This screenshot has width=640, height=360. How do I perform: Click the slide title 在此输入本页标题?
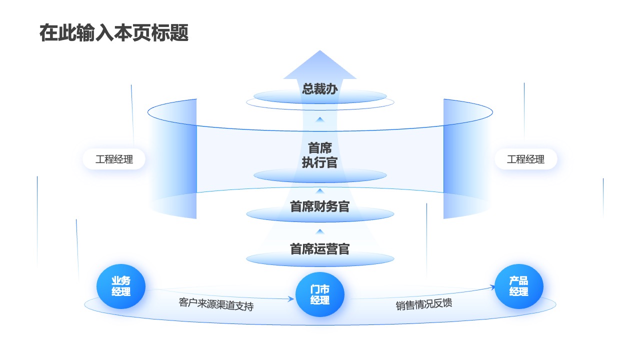click(x=114, y=33)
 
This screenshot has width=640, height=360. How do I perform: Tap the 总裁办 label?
click(x=319, y=89)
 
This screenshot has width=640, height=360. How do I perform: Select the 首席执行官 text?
click(x=319, y=155)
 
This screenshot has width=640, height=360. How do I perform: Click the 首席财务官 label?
click(x=319, y=206)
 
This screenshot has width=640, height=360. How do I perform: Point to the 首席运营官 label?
click(x=319, y=249)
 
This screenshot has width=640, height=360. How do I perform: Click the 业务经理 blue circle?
click(x=121, y=286)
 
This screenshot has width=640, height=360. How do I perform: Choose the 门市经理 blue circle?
click(x=319, y=294)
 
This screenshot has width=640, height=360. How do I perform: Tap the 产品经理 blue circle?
click(x=519, y=286)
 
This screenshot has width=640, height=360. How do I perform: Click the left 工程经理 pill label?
click(x=114, y=159)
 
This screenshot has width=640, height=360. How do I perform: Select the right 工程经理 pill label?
click(x=525, y=159)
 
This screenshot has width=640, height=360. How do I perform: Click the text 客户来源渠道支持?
click(x=216, y=304)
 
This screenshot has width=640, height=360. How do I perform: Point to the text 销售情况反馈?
click(x=424, y=304)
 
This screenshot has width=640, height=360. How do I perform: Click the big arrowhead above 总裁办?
click(x=319, y=64)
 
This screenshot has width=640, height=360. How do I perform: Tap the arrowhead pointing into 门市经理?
click(x=291, y=299)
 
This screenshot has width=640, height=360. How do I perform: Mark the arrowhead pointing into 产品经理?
click(x=492, y=287)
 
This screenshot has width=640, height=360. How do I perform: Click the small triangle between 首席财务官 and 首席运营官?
click(x=320, y=231)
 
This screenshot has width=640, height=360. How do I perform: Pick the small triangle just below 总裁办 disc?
click(x=320, y=119)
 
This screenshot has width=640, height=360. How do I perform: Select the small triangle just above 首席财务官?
click(x=320, y=191)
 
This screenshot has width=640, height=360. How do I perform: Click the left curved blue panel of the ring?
click(x=177, y=159)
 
